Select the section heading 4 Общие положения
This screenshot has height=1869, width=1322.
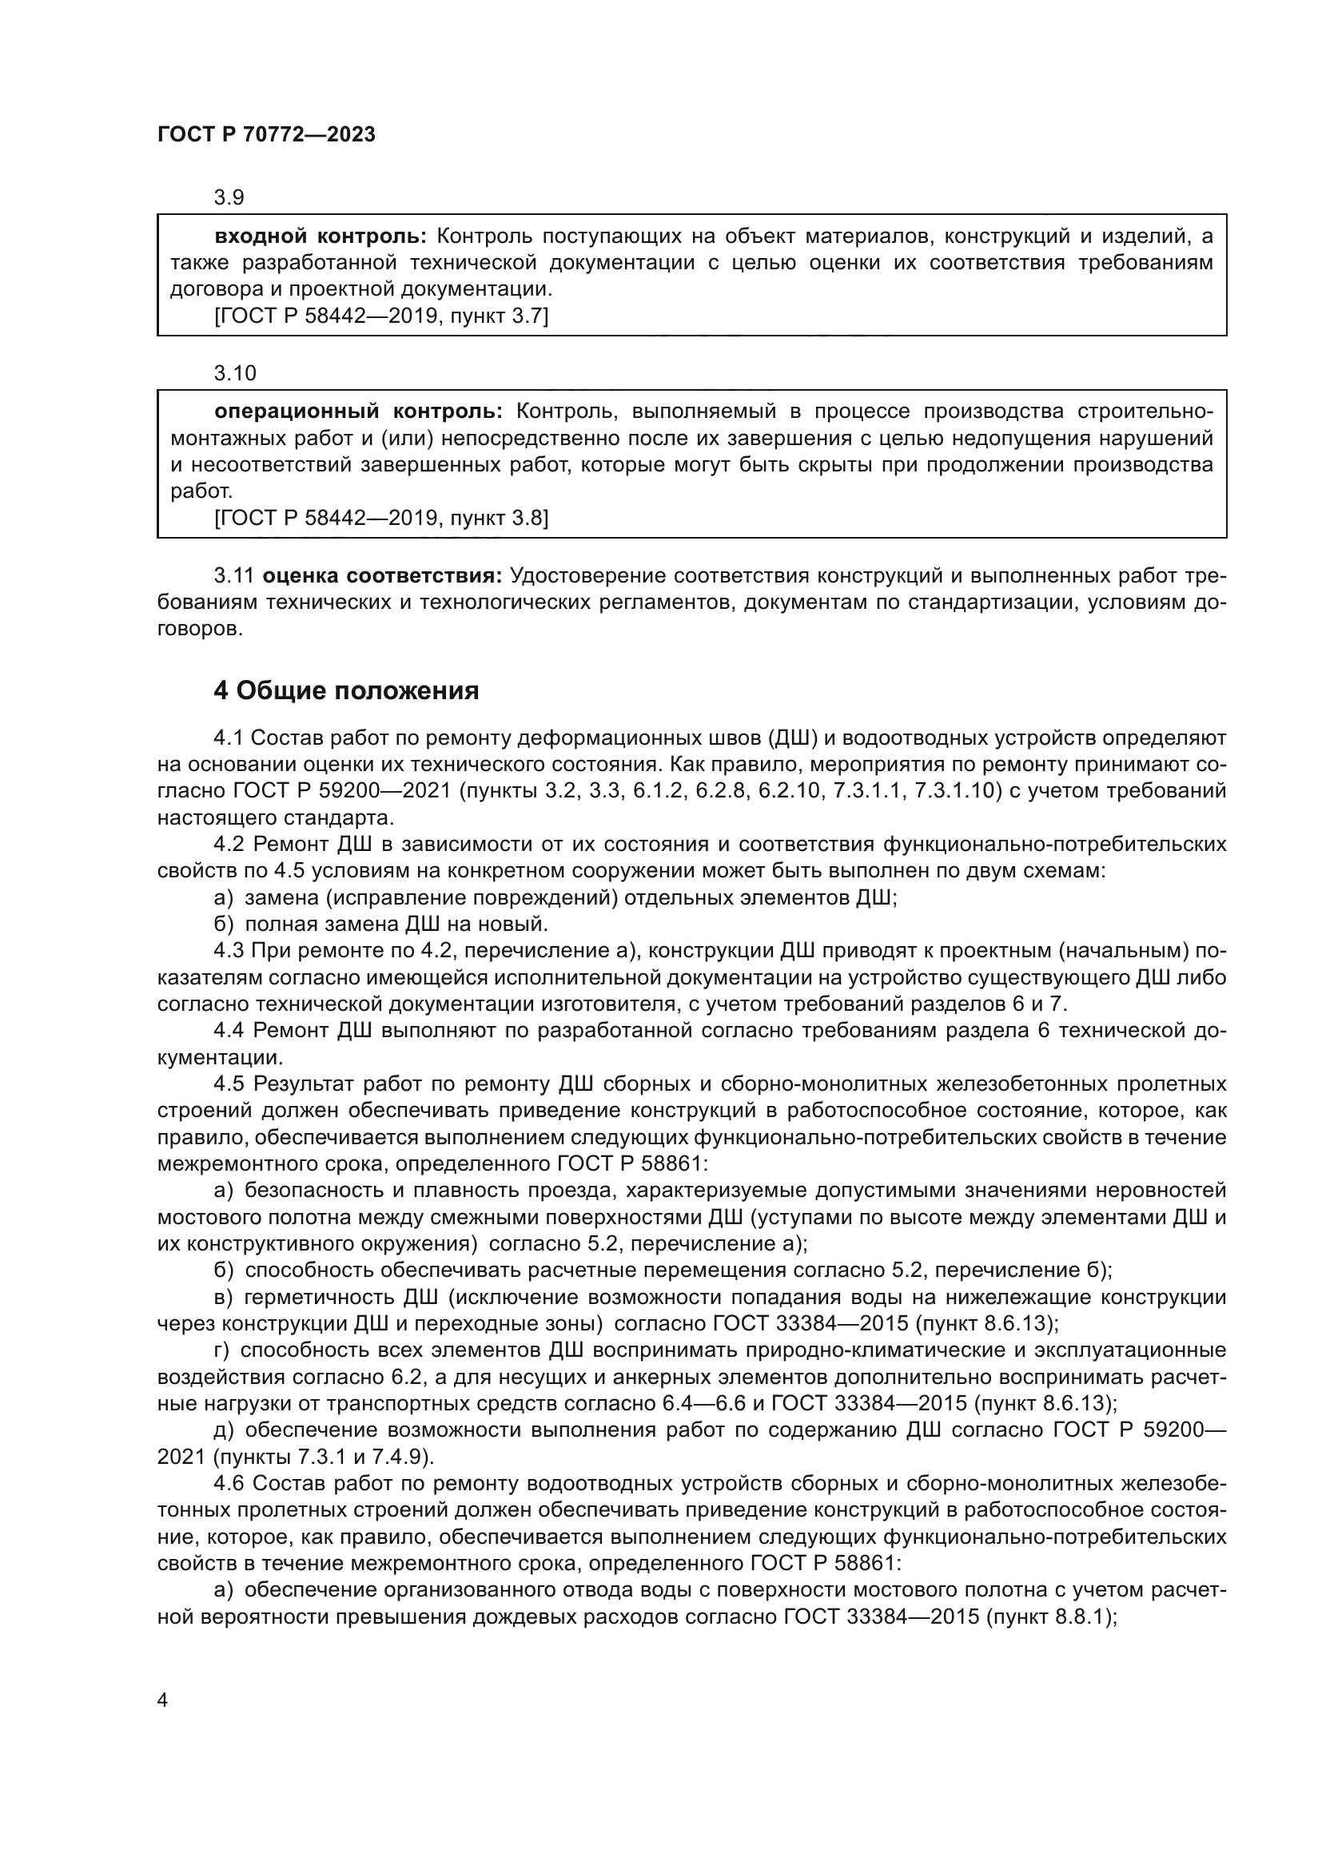point(346,691)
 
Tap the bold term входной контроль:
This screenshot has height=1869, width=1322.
point(320,237)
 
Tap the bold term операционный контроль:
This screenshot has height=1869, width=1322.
point(359,412)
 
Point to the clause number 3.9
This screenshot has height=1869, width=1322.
point(229,198)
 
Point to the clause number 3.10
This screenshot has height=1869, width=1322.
point(234,374)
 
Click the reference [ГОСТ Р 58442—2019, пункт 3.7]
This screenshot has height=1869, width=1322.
point(381,316)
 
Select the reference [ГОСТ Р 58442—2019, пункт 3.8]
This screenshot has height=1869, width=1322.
point(381,518)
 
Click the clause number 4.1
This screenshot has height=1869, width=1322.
point(229,738)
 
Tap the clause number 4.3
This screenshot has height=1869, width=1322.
point(229,951)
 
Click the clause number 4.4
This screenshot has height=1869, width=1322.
point(229,1031)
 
